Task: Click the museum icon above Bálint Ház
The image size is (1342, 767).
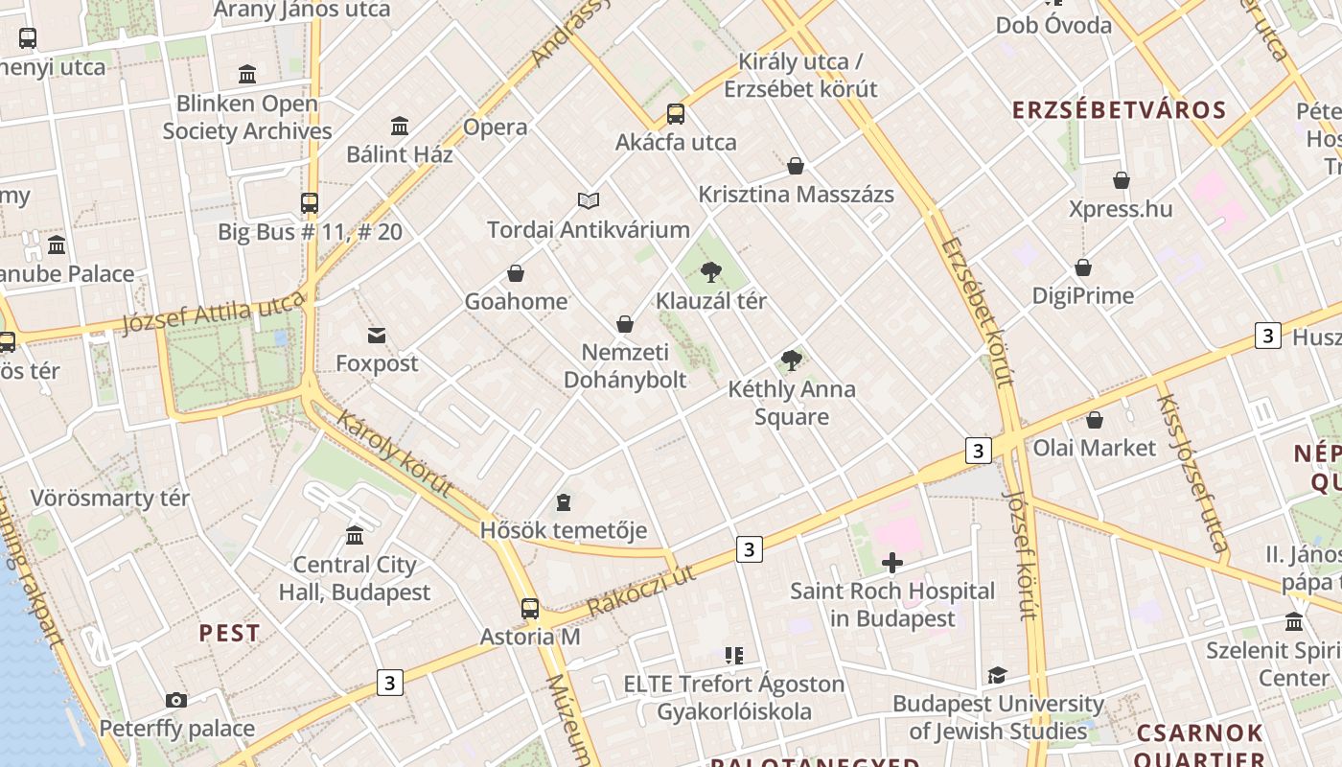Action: point(400,126)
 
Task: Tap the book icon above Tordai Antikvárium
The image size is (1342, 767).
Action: point(589,200)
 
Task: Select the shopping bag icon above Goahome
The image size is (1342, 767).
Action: point(516,273)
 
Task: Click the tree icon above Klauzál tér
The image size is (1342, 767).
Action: point(710,272)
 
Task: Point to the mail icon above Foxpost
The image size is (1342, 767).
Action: point(377,335)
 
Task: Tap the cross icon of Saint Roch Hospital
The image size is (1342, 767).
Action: point(892,563)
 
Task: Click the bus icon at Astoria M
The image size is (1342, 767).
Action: point(529,608)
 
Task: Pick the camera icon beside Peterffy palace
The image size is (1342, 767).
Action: point(175,701)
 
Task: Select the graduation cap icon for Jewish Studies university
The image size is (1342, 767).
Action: point(997,676)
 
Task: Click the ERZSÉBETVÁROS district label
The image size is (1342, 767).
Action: point(1120,109)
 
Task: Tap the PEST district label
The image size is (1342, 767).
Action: point(229,633)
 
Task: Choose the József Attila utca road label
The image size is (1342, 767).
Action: point(213,314)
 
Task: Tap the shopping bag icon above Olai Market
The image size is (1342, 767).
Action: point(1095,420)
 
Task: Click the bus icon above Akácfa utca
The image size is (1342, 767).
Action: point(676,114)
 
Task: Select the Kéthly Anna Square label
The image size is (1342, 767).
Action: point(792,403)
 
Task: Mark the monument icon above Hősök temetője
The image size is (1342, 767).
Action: point(564,502)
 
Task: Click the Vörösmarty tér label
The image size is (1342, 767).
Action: point(110,498)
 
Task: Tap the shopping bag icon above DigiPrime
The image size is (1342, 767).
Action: point(1083,267)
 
